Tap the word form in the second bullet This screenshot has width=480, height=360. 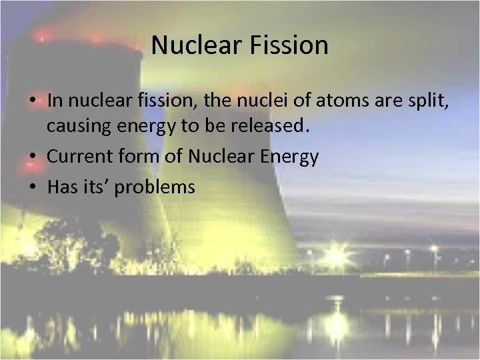point(133,158)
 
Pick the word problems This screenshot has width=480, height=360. point(155,187)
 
